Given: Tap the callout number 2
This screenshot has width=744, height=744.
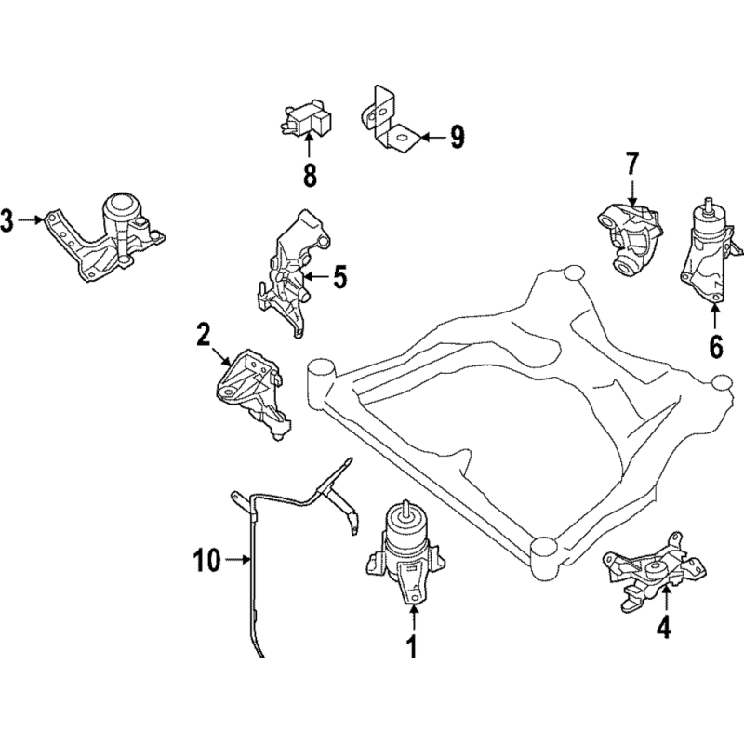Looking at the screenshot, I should pos(204,334).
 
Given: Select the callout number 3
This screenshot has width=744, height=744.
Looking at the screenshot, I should pos(7,220).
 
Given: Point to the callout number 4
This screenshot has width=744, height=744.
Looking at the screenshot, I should pos(662,629).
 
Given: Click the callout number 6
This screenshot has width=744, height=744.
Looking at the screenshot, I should pos(715,345).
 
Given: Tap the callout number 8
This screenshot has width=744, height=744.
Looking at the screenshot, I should pos(309,173).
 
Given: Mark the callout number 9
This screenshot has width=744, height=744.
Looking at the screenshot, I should pos(456,138).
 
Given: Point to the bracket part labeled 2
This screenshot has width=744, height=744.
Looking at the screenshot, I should pos(248,389).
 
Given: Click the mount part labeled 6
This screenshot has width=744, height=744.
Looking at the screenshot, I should pos(710,251).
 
